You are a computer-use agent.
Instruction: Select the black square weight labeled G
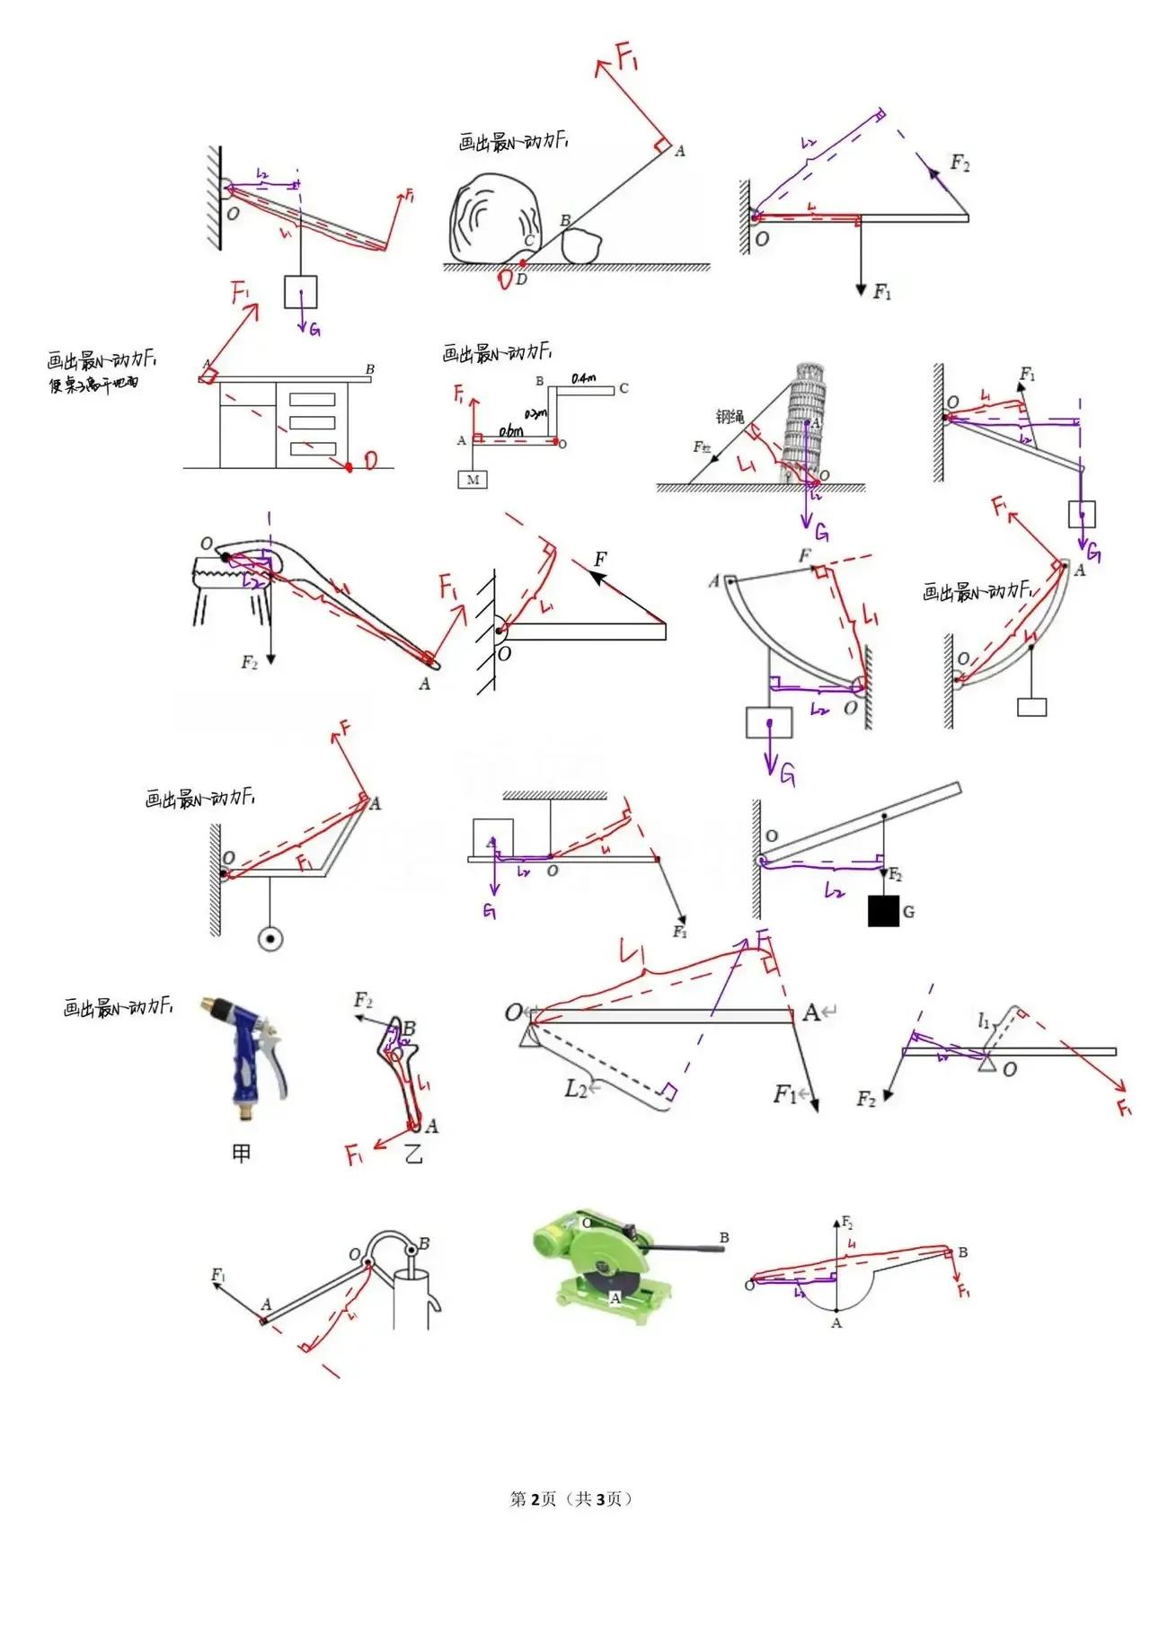(883, 911)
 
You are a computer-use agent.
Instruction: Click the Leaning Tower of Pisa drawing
(801, 421)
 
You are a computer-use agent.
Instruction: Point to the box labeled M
(473, 480)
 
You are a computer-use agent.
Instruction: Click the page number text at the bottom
(571, 1499)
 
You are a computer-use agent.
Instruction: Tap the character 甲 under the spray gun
(241, 1153)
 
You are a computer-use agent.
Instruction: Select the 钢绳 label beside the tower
(730, 417)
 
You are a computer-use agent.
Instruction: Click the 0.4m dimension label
(584, 379)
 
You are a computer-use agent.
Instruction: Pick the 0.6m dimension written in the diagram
(511, 432)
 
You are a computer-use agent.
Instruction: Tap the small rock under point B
(586, 245)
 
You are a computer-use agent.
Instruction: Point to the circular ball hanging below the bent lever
(270, 940)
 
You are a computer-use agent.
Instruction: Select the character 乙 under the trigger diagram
(412, 1154)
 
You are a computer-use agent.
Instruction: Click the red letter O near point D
(506, 279)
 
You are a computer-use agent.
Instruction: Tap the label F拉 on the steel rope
(702, 447)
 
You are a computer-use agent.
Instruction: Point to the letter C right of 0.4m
(624, 389)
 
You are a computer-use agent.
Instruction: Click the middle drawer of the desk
(312, 422)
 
